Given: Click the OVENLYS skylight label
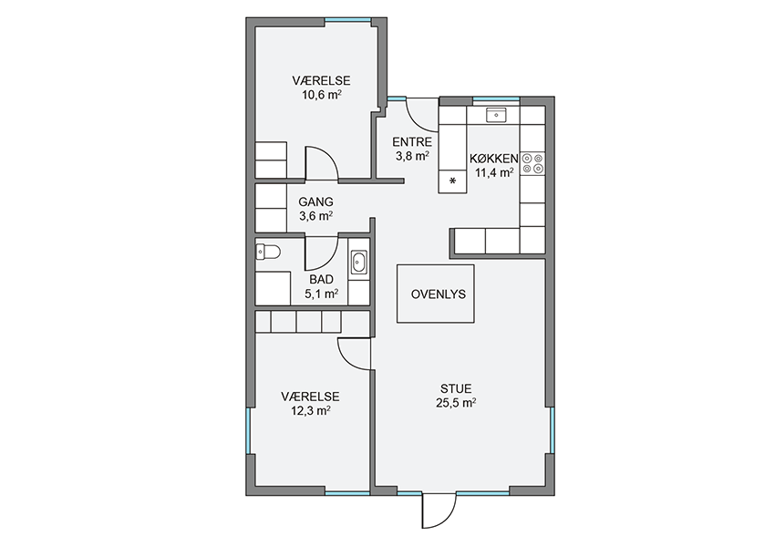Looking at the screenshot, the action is tap(438, 294).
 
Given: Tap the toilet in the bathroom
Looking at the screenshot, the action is tap(268, 253).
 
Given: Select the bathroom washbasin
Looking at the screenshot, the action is tap(358, 262).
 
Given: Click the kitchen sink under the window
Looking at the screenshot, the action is tap(496, 115).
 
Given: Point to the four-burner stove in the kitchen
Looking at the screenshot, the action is tap(532, 163).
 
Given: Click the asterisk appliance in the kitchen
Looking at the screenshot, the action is tap(452, 181).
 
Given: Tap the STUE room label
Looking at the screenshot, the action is tap(456, 389).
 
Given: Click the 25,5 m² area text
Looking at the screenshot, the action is tap(456, 403).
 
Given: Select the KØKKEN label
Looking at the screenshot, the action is tap(494, 159).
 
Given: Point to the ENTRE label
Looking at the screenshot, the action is tap(412, 142).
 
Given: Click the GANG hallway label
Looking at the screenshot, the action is tap(315, 201).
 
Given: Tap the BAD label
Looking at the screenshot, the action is tap(321, 280).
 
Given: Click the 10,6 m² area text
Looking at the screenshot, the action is tap(321, 95).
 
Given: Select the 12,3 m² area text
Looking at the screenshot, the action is tap(310, 410).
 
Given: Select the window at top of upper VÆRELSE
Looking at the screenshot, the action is tap(348, 20).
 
